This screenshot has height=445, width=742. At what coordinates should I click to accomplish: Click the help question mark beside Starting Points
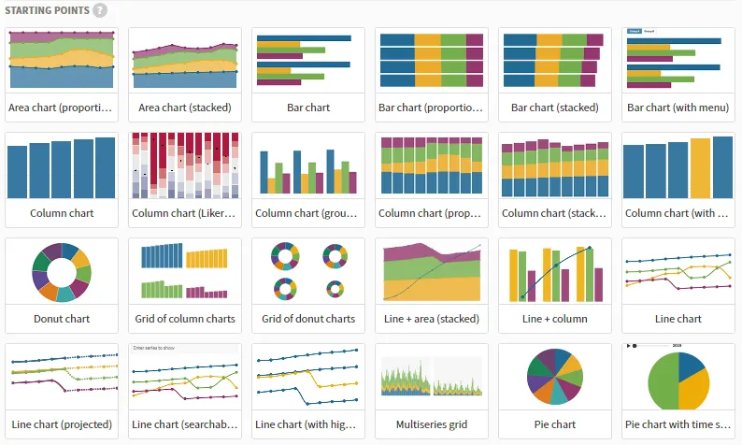pyautogui.click(x=100, y=10)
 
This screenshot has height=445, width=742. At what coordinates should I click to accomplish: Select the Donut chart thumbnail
pyautogui.click(x=62, y=271)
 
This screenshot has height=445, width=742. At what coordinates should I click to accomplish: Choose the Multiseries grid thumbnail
pyautogui.click(x=432, y=376)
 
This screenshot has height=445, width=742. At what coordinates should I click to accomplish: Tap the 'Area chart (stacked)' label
pyautogui.click(x=185, y=108)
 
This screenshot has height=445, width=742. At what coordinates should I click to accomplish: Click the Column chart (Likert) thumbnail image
pyautogui.click(x=185, y=165)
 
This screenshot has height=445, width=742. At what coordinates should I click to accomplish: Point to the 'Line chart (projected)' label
pyautogui.click(x=62, y=424)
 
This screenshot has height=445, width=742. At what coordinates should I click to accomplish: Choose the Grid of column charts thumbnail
pyautogui.click(x=185, y=271)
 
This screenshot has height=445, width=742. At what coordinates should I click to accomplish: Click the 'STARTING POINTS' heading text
pyautogui.click(x=47, y=10)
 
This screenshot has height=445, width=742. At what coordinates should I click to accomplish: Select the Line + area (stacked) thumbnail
pyautogui.click(x=432, y=271)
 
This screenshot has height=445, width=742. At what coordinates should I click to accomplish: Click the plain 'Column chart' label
pyautogui.click(x=62, y=213)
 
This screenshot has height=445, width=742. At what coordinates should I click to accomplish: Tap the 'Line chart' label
pyautogui.click(x=678, y=319)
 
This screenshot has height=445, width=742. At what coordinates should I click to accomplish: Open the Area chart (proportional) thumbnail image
pyautogui.click(x=62, y=60)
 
